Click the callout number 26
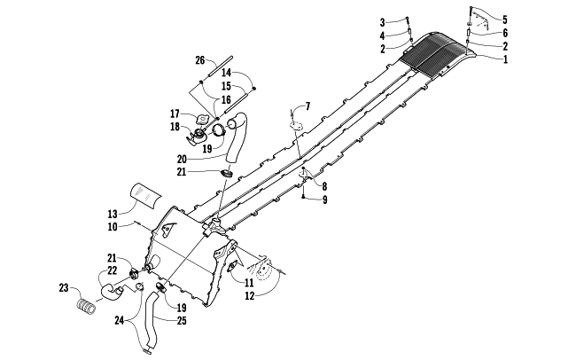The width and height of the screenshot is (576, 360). [200, 60]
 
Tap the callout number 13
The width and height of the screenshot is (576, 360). [113, 214]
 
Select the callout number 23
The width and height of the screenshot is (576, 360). [64, 287]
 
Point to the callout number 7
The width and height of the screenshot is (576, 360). [307, 106]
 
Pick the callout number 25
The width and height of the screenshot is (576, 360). [182, 321]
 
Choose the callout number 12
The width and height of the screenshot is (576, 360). [249, 295]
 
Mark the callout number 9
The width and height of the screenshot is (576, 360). [324, 200]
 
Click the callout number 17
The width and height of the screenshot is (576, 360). [175, 113]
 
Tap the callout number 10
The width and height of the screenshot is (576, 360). [113, 227]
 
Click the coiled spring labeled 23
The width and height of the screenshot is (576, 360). [86, 306]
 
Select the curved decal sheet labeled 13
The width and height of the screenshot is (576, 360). [146, 194]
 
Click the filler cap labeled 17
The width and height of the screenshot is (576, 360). [202, 119]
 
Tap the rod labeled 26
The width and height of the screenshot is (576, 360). [221, 67]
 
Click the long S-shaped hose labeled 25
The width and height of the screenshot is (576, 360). [151, 320]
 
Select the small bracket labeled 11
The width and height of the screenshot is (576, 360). [233, 266]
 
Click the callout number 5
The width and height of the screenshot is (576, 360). [505, 20]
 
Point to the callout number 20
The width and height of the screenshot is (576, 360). [182, 160]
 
